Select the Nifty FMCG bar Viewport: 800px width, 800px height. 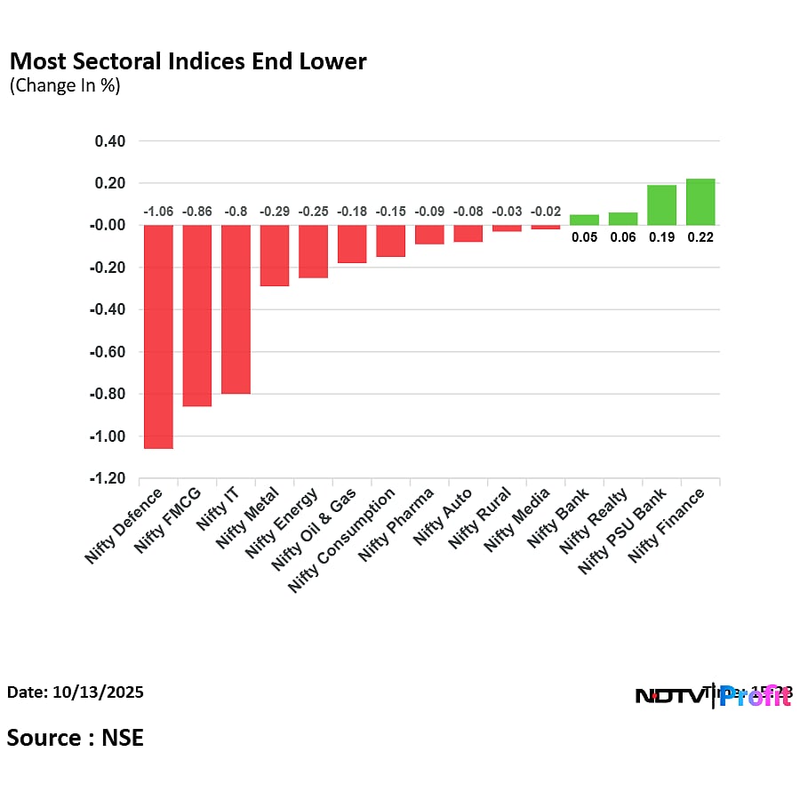tap(197, 316)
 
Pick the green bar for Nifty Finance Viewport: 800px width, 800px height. tap(700, 202)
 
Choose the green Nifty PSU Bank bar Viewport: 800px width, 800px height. tap(661, 205)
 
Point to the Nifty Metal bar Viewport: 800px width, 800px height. tap(275, 256)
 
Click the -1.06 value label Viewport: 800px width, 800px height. tap(158, 212)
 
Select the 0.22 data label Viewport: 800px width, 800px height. tap(700, 237)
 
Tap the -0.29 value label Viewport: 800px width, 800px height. tap(275, 212)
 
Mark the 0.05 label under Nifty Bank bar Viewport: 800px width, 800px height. tap(584, 237)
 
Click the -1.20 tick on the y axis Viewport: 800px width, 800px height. tap(107, 478)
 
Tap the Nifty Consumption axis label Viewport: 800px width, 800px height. tap(342, 539)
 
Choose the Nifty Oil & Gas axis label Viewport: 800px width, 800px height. tap(315, 530)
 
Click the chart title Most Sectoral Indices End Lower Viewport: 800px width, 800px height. tap(187, 61)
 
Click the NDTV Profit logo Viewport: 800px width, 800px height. tap(711, 696)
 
